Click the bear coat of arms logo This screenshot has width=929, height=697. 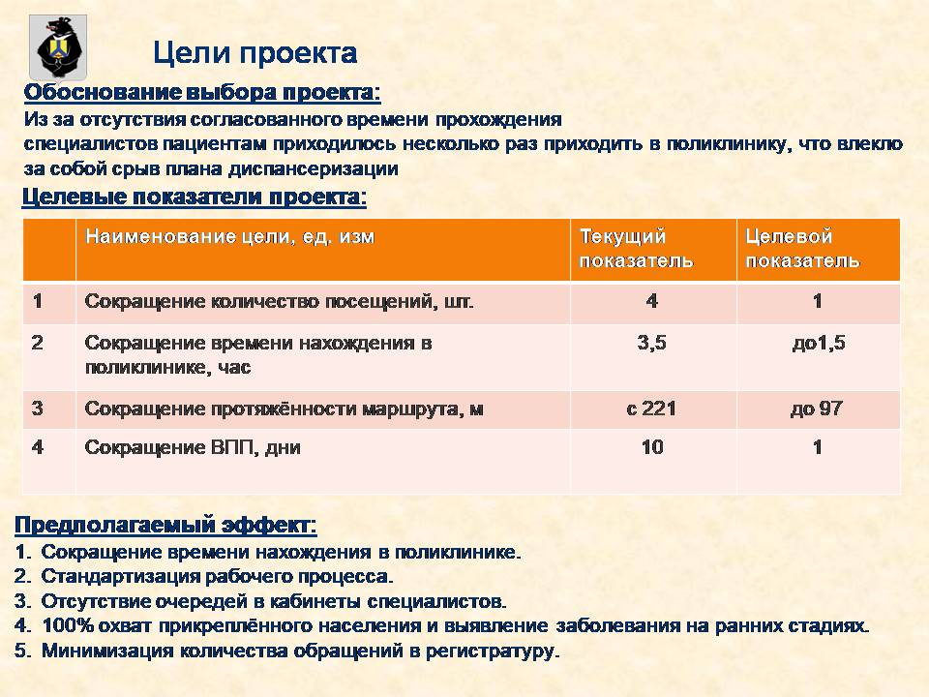(58, 47)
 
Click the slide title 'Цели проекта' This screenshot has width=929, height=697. (255, 52)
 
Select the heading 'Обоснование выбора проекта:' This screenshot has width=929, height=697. (202, 93)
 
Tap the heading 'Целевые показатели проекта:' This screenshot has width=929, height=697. (195, 197)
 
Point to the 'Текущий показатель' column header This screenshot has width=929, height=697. (637, 249)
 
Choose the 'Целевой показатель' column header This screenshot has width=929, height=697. (802, 249)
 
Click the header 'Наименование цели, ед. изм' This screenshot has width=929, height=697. (230, 236)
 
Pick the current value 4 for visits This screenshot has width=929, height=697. (651, 301)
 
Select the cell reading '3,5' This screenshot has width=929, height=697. (651, 343)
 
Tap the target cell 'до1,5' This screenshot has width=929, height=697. (819, 343)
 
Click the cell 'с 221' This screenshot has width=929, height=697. (651, 409)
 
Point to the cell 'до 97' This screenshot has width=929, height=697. (817, 409)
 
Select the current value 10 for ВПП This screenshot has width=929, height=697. (652, 447)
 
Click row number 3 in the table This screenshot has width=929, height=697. (38, 409)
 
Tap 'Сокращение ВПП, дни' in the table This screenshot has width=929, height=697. (193, 447)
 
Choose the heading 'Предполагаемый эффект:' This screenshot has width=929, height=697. (165, 525)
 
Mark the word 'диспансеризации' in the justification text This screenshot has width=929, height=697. (313, 168)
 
